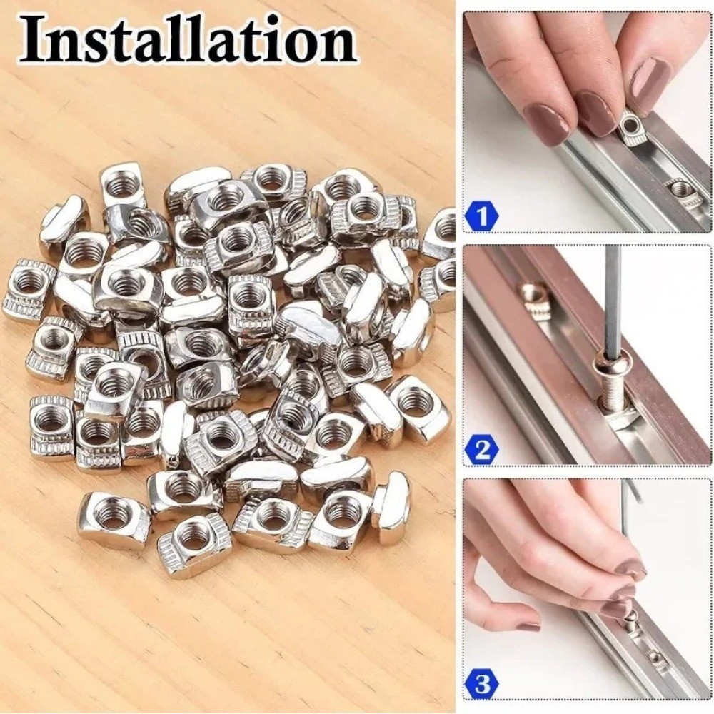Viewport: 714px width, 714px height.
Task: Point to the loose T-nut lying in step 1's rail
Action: (x=681, y=191)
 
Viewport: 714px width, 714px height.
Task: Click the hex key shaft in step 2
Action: (x=612, y=300)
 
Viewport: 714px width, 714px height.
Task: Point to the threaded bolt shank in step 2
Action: (x=613, y=392)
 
